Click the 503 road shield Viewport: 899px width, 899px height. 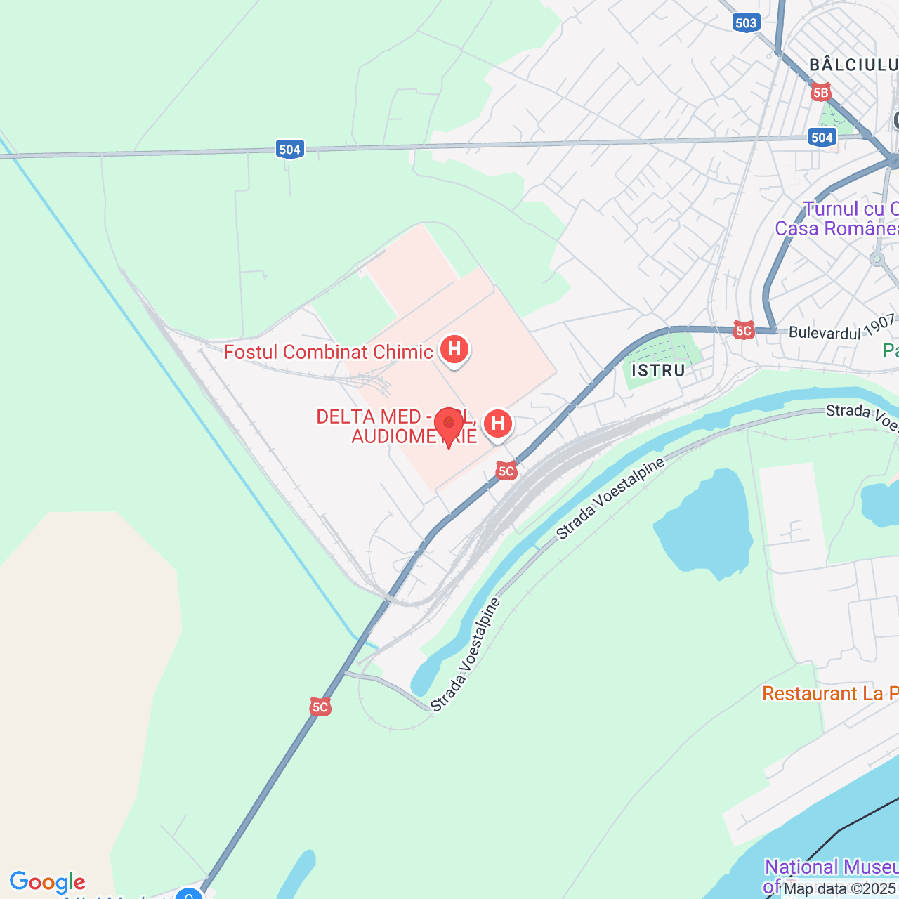tap(746, 23)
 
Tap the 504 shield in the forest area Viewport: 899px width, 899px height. tap(289, 149)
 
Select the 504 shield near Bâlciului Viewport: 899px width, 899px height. tap(822, 137)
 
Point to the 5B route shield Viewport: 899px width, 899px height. tap(820, 92)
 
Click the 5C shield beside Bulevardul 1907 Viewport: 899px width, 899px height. tap(743, 330)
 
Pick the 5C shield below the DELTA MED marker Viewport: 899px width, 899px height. tap(506, 471)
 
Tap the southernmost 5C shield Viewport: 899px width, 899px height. tap(320, 707)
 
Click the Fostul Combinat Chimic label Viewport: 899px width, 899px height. tap(328, 352)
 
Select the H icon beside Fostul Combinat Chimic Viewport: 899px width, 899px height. tap(454, 348)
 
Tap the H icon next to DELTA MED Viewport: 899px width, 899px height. tap(498, 424)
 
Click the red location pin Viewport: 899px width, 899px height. tap(449, 426)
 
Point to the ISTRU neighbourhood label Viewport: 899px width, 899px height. tap(658, 370)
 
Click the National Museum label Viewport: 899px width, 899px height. tap(832, 867)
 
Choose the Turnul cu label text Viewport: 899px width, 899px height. tap(851, 209)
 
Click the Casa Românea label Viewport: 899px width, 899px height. tap(836, 228)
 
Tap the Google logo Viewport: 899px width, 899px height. tap(47, 882)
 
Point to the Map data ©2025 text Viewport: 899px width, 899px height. tap(840, 888)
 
